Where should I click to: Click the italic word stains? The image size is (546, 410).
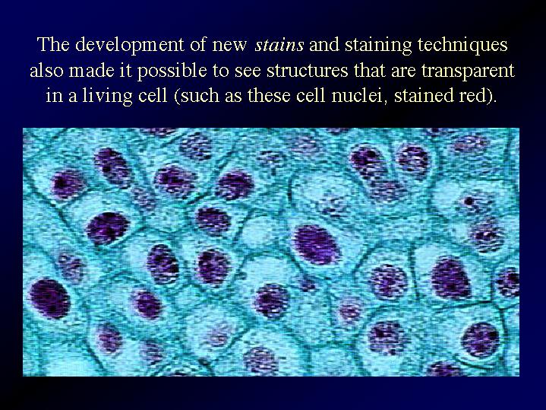[x=279, y=45]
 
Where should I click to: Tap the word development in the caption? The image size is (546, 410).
[x=130, y=46]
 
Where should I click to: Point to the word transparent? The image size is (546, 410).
[x=468, y=72]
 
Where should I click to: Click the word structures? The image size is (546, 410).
[x=307, y=71]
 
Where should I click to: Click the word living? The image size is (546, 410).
[x=107, y=97]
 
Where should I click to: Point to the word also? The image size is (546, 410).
[x=46, y=71]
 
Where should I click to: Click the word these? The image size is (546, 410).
[x=269, y=95]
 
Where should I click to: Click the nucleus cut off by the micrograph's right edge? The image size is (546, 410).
[x=508, y=281]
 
